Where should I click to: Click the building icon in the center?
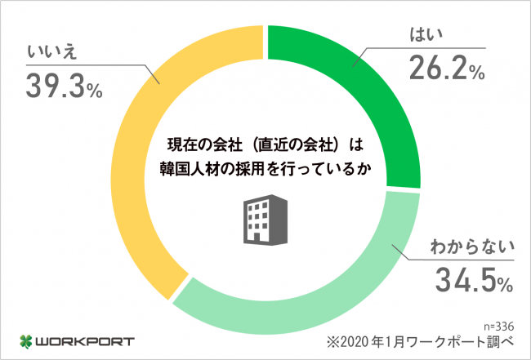(265, 220)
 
